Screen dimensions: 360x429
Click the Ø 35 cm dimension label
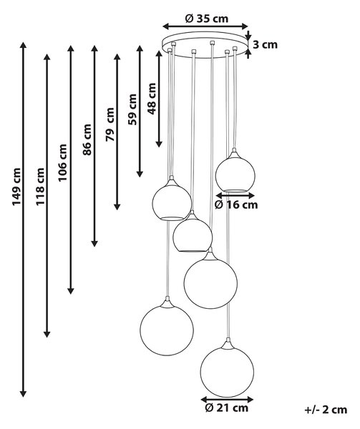(x=207, y=19)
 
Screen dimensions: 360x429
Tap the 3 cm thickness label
(x=265, y=44)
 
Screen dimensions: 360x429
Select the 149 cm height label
(x=16, y=187)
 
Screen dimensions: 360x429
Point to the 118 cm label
(x=40, y=187)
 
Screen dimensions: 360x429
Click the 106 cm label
(x=62, y=162)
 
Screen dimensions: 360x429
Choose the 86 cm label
(x=87, y=140)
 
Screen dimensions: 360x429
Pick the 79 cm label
(x=110, y=124)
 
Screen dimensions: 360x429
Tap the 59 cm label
(x=132, y=109)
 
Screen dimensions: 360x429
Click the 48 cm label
(x=152, y=99)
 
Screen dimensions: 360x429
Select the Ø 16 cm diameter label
(x=236, y=204)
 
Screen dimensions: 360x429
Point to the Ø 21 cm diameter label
(x=226, y=408)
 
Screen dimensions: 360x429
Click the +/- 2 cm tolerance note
(x=326, y=410)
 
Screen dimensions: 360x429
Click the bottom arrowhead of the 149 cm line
(x=24, y=393)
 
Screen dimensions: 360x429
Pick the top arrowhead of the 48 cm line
(x=159, y=54)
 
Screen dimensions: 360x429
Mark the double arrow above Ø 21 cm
(x=227, y=399)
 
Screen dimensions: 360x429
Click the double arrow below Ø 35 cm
(x=205, y=26)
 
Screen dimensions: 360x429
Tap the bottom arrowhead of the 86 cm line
(x=94, y=243)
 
